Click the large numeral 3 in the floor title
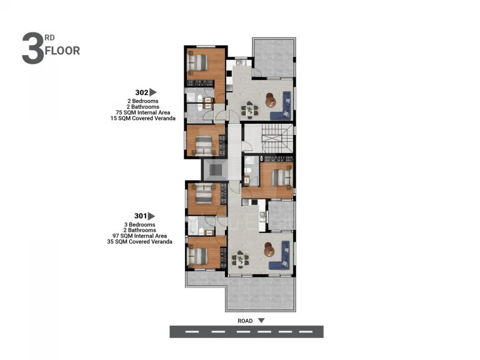click(x=32, y=48)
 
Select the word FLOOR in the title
click(x=62, y=51)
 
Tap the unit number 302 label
click(x=142, y=92)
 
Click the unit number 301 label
click(x=141, y=216)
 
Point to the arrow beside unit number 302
click(x=152, y=92)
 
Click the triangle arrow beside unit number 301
click(x=151, y=216)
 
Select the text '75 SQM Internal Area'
click(x=142, y=112)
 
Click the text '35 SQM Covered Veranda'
click(x=139, y=242)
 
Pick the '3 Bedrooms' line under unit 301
click(x=139, y=225)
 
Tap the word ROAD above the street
click(x=245, y=321)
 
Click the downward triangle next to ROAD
click(x=261, y=321)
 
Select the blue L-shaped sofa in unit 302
click(x=281, y=106)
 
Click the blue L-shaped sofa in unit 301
click(x=279, y=255)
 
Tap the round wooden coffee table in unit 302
click(x=270, y=100)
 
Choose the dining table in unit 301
click(x=240, y=259)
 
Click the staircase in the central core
click(x=277, y=137)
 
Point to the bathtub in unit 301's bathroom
click(x=193, y=226)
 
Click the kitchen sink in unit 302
click(x=239, y=62)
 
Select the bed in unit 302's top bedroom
click(x=197, y=62)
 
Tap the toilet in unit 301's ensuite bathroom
click(x=247, y=171)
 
